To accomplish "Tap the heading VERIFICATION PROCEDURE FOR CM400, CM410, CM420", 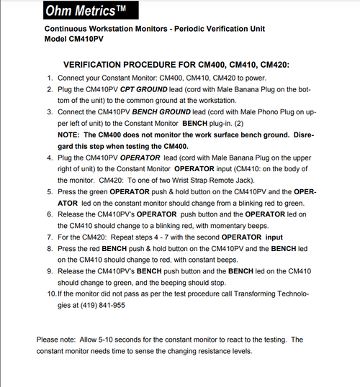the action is tap(176, 65).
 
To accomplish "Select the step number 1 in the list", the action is tap(49, 78).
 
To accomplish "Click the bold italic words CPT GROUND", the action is tap(141, 89).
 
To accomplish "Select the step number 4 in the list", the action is tap(49, 158).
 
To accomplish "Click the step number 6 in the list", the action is tap(49, 214).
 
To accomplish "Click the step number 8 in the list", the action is tap(49, 249).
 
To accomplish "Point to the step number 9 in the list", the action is tap(49, 272).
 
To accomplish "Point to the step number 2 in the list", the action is tap(49, 89).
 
